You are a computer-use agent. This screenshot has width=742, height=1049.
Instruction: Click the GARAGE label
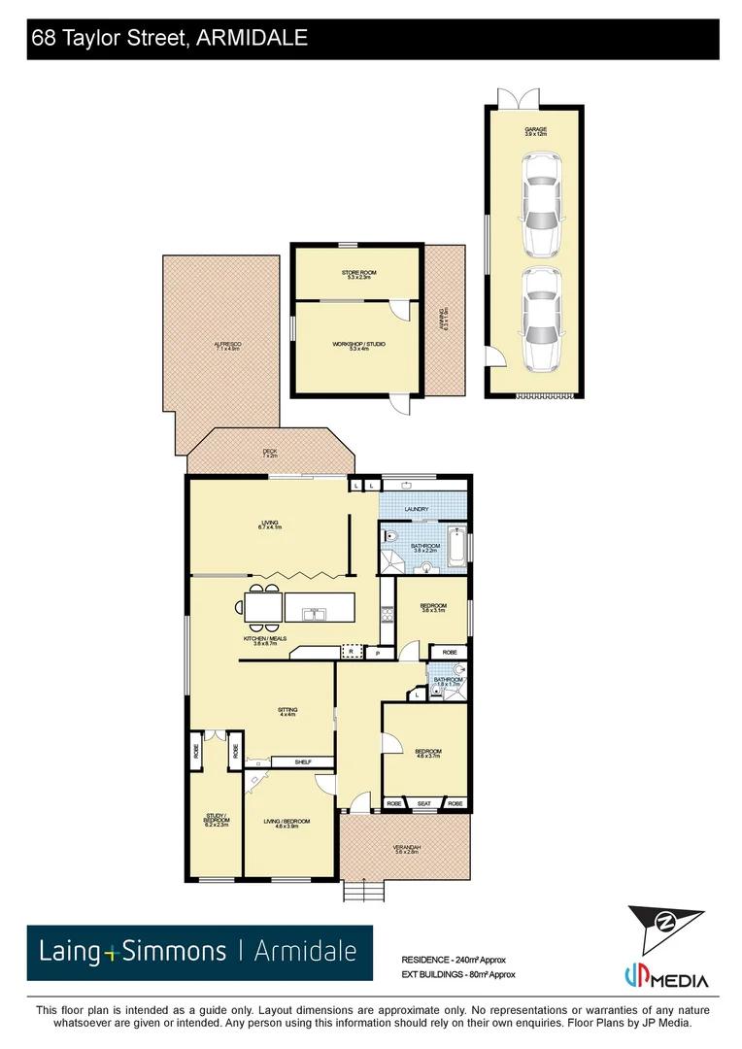pyautogui.click(x=536, y=129)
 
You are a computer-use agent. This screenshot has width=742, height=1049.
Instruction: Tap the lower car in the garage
pyautogui.click(x=541, y=319)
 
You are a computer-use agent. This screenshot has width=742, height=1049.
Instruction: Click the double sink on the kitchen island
pyautogui.click(x=315, y=614)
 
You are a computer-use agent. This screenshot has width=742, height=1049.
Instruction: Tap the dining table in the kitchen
pyautogui.click(x=264, y=608)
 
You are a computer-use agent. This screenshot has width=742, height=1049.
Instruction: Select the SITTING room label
pyautogui.click(x=287, y=712)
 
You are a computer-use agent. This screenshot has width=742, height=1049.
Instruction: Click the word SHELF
pyautogui.click(x=302, y=762)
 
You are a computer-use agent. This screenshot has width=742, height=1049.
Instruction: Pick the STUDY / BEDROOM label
pyautogui.click(x=216, y=819)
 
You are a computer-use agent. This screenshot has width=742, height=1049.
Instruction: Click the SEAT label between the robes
pyautogui.click(x=424, y=803)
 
